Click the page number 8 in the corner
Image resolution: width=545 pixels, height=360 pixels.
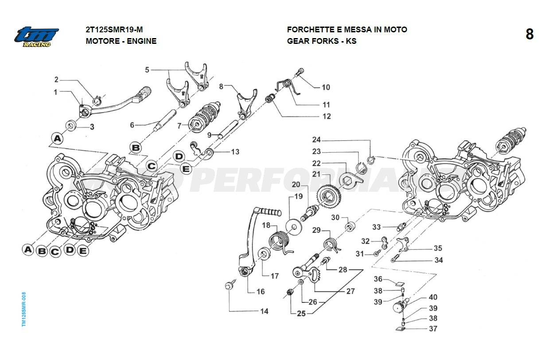[x=529, y=35]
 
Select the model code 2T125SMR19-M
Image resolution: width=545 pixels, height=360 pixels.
[x=114, y=30]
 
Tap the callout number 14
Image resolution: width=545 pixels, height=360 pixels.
[x=264, y=311]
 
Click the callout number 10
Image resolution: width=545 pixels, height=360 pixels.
[x=326, y=87]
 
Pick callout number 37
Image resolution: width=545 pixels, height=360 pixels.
[x=433, y=329]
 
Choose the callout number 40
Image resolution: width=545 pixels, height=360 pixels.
[x=433, y=297]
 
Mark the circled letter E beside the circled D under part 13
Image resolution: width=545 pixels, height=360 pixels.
[x=186, y=168]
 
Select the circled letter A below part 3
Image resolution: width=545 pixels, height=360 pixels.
[x=56, y=138]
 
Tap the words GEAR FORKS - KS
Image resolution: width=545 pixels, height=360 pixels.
[x=322, y=41]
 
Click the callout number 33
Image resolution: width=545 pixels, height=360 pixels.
[x=376, y=227]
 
